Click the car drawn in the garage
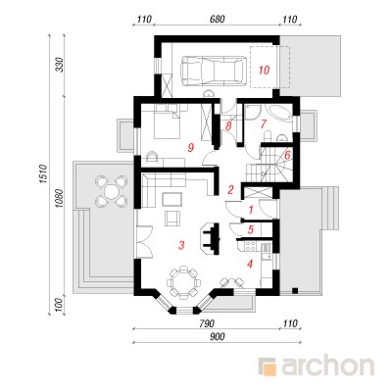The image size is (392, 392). (x=214, y=71)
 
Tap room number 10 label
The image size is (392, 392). (x=264, y=70)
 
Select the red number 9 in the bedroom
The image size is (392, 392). (x=190, y=148)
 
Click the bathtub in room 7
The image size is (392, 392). (x=278, y=113)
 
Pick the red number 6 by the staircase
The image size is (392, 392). (x=287, y=155)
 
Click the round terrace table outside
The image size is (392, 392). (x=111, y=190)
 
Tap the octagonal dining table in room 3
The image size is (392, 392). (x=182, y=282)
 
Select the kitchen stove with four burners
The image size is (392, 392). (x=251, y=246)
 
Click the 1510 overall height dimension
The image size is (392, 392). (x=44, y=175)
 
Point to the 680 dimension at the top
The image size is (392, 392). (x=217, y=20)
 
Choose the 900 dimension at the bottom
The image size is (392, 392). (x=217, y=337)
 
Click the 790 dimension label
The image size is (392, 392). (x=207, y=323)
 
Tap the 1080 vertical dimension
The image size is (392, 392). (x=60, y=197)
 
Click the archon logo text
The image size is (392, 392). (x=327, y=367)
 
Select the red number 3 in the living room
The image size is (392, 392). (x=181, y=245)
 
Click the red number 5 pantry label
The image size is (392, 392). (x=250, y=229)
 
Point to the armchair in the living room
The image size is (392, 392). (x=172, y=219)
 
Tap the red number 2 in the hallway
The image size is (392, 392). (x=230, y=189)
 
